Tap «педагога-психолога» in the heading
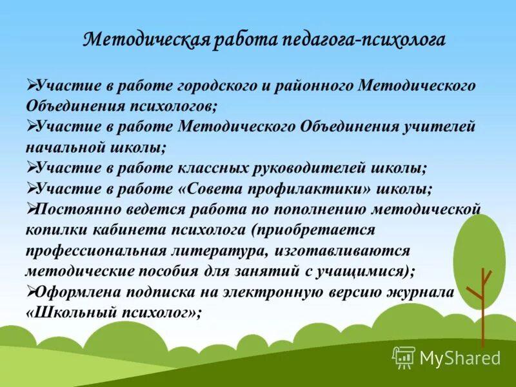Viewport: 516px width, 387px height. pyautogui.click(x=362, y=40)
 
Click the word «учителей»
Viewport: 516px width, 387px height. pyautogui.click(x=439, y=126)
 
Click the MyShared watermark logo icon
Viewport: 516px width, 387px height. pyautogui.click(x=404, y=357)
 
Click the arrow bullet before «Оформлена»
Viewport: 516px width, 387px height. pyautogui.click(x=31, y=292)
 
